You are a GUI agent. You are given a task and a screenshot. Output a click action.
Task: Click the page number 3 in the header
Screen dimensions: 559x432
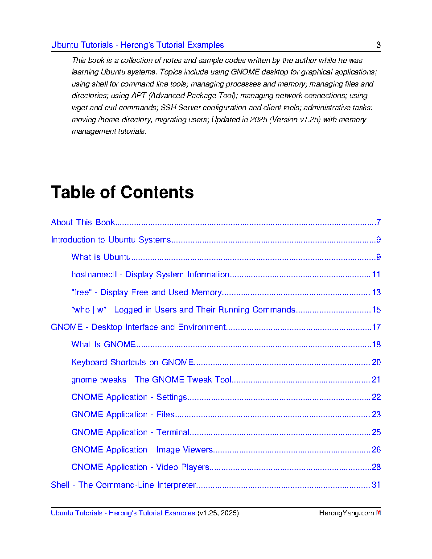(379, 45)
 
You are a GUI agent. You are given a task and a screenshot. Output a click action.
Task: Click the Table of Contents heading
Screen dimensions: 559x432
(122, 192)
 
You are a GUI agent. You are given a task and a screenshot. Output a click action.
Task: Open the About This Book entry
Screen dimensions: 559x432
(83, 222)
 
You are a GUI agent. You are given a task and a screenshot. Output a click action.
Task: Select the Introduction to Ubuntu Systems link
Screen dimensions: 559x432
(111, 239)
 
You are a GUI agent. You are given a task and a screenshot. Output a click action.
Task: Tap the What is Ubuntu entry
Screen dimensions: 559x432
(101, 257)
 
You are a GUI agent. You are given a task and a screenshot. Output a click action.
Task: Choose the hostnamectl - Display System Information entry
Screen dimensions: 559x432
(150, 274)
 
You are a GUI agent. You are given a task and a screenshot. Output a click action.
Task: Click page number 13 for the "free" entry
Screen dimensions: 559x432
(376, 292)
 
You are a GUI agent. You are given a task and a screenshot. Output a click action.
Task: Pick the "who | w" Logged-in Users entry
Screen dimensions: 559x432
(183, 309)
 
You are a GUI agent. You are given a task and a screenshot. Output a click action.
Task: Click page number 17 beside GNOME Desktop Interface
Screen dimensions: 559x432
(376, 327)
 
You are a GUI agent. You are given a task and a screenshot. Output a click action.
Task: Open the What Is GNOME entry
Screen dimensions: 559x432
(103, 344)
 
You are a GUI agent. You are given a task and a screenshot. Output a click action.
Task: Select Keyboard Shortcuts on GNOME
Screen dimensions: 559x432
(132, 362)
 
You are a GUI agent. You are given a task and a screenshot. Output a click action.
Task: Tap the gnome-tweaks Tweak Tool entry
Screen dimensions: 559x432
(151, 379)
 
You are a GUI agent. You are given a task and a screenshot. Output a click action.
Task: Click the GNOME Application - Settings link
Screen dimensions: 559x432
(129, 397)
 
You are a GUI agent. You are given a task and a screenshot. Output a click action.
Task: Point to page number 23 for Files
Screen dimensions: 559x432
(376, 414)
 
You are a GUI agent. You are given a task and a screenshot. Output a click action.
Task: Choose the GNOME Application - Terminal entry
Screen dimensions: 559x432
(130, 432)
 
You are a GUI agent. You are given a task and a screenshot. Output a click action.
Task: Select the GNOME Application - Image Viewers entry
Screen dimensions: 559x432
(142, 449)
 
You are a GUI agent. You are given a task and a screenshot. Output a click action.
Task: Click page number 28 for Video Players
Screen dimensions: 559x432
(376, 467)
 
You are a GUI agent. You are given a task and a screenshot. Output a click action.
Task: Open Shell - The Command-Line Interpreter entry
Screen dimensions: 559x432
(123, 485)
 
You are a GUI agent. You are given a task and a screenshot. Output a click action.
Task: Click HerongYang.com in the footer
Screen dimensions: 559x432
(346, 513)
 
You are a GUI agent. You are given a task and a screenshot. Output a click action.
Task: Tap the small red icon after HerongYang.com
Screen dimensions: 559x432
(379, 513)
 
